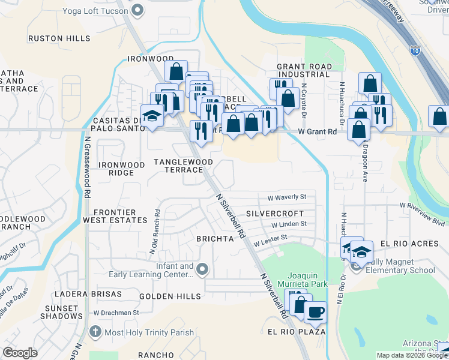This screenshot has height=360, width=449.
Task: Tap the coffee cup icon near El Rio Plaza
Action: (315, 312)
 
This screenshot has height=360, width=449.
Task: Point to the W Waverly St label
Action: (287, 197)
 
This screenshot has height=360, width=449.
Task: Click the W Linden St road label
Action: (289, 224)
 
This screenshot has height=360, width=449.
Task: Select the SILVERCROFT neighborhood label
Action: (275, 213)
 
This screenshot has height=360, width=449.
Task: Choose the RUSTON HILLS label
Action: (60, 38)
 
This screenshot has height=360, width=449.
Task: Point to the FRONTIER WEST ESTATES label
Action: (119, 217)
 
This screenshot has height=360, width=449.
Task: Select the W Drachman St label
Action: (116, 313)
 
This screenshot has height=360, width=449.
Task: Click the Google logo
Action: (20, 353)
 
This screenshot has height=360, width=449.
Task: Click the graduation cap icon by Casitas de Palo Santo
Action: (152, 116)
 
